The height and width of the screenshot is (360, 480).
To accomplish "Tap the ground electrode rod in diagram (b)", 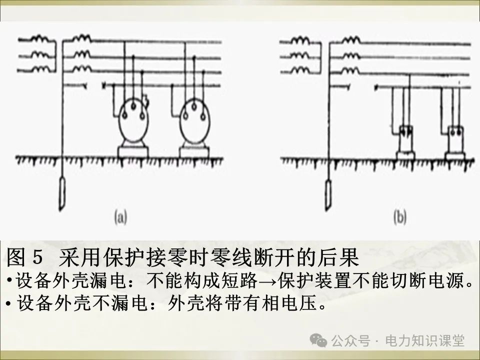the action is coord(328,192).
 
